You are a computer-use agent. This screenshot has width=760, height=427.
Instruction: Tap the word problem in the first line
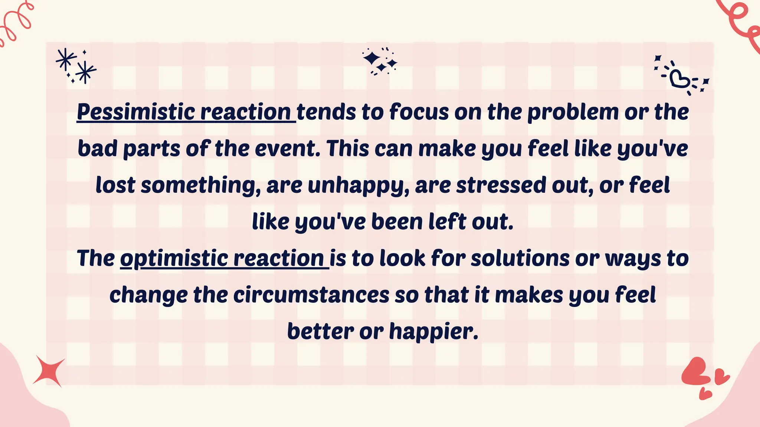click(x=573, y=112)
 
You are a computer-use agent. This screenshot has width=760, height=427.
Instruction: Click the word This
click(x=348, y=149)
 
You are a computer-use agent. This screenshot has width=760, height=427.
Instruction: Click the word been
click(x=397, y=222)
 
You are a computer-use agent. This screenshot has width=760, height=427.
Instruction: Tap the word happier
click(x=433, y=331)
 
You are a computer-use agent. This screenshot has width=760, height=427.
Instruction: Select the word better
click(x=320, y=331)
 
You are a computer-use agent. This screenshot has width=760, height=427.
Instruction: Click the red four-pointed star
click(x=49, y=371)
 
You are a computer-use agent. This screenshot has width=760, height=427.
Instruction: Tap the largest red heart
click(x=695, y=371)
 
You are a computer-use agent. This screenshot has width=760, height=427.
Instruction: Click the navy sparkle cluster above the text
click(x=380, y=62)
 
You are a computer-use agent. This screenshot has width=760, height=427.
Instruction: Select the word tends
click(x=326, y=112)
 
